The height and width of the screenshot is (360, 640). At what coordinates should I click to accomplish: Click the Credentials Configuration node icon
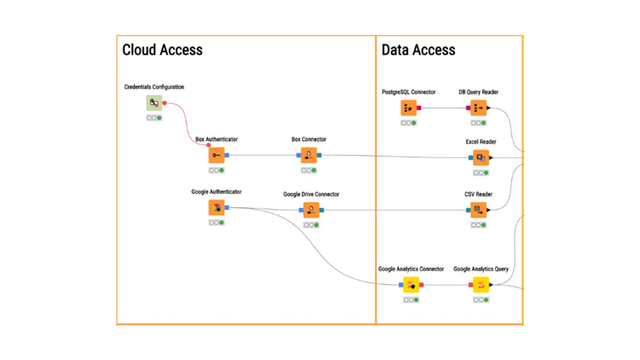(154, 103)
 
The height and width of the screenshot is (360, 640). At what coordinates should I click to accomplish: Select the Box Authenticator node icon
(216, 155)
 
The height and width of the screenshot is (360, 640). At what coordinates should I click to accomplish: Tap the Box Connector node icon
(309, 155)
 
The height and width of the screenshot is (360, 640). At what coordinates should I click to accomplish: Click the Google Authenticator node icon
(216, 207)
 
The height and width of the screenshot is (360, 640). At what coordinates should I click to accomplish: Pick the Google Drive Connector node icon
(311, 210)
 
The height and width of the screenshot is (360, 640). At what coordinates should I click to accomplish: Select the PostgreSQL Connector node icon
(408, 108)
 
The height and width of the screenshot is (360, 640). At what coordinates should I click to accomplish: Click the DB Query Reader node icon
(478, 108)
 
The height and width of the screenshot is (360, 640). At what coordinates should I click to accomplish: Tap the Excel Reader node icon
(481, 158)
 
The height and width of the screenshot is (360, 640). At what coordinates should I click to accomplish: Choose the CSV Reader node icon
(478, 210)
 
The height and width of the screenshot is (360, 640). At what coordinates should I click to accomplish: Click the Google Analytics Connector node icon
(411, 285)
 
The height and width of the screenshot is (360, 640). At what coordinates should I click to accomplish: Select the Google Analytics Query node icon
(481, 285)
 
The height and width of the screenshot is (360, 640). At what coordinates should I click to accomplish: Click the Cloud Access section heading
(162, 50)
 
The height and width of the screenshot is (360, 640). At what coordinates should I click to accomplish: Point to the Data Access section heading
(418, 50)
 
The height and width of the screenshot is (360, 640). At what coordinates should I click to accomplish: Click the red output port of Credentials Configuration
(164, 103)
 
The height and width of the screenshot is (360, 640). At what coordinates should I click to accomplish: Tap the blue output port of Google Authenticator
(227, 207)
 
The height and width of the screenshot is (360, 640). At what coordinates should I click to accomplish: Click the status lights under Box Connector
(309, 170)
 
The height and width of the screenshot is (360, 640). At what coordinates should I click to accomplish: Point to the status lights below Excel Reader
(481, 173)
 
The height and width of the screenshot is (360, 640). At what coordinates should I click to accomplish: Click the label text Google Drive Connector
(311, 194)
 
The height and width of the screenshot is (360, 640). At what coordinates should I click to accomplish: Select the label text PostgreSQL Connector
(408, 92)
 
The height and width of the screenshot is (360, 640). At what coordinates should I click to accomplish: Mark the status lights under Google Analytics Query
(481, 300)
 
